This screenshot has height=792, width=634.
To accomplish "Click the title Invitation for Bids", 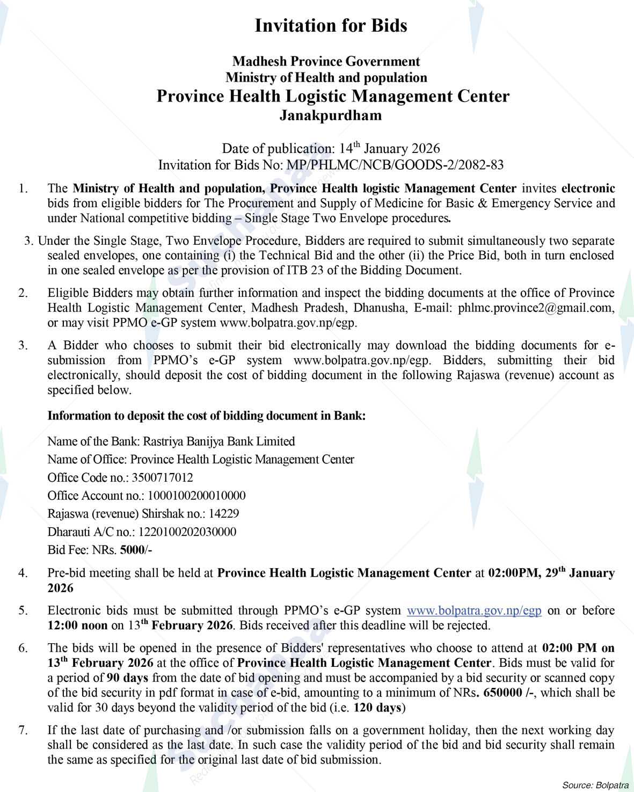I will tap(330, 25).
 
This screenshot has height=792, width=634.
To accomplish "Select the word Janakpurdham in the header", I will tap(330, 115).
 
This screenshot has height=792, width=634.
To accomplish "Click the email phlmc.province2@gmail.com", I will tap(535, 308).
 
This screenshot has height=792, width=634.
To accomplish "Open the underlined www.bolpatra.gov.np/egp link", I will tap(474, 611).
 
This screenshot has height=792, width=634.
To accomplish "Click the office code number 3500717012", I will tap(165, 477).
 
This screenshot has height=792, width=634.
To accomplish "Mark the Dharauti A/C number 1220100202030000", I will tap(187, 532).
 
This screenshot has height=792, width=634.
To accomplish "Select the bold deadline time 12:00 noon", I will tap(78, 626).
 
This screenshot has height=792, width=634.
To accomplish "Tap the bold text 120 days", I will tap(377, 708).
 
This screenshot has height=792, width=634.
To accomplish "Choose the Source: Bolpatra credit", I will tap(595, 785).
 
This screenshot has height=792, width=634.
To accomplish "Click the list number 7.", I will tap(23, 730).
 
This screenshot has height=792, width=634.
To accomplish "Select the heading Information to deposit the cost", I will tap(207, 416).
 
